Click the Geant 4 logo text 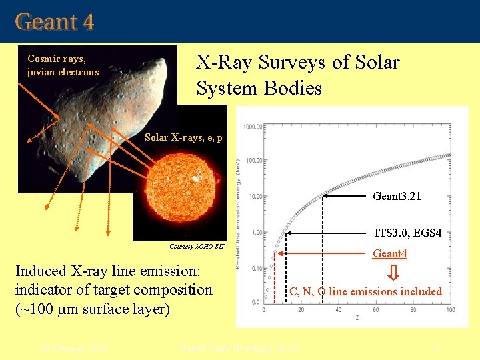(55, 22)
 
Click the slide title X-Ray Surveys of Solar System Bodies (297, 75)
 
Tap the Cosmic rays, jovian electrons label (63, 65)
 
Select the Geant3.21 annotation (397, 197)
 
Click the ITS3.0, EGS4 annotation (408, 233)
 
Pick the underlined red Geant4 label (390, 253)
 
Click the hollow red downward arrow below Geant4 (394, 273)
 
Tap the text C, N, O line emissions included (365, 291)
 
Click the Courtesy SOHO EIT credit (197, 247)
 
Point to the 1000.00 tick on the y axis (252, 126)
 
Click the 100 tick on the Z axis (451, 310)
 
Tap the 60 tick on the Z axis (376, 310)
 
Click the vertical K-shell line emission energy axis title (239, 213)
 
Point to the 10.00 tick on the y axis (254, 197)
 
